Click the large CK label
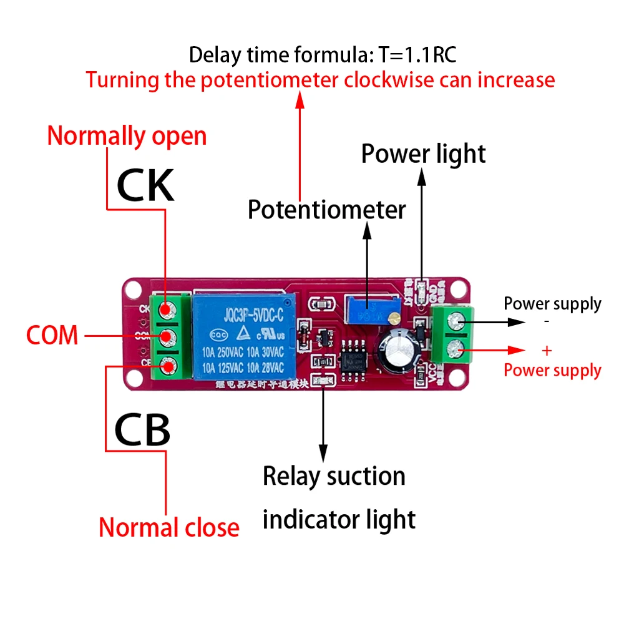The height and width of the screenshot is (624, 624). pyautogui.click(x=145, y=185)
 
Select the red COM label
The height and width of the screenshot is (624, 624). pyautogui.click(x=52, y=336)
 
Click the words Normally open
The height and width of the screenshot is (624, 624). pyautogui.click(x=127, y=135)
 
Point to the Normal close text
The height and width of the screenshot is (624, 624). pyautogui.click(x=169, y=528)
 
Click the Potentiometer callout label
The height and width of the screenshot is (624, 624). pyautogui.click(x=326, y=210)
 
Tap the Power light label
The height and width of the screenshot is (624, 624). pyautogui.click(x=423, y=154)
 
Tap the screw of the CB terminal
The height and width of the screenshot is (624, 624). pyautogui.click(x=166, y=367)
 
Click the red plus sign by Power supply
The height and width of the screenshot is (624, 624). pyautogui.click(x=547, y=351)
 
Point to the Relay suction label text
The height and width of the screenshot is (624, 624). pyautogui.click(x=334, y=476)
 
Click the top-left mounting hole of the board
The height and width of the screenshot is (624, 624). pyautogui.click(x=133, y=289)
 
